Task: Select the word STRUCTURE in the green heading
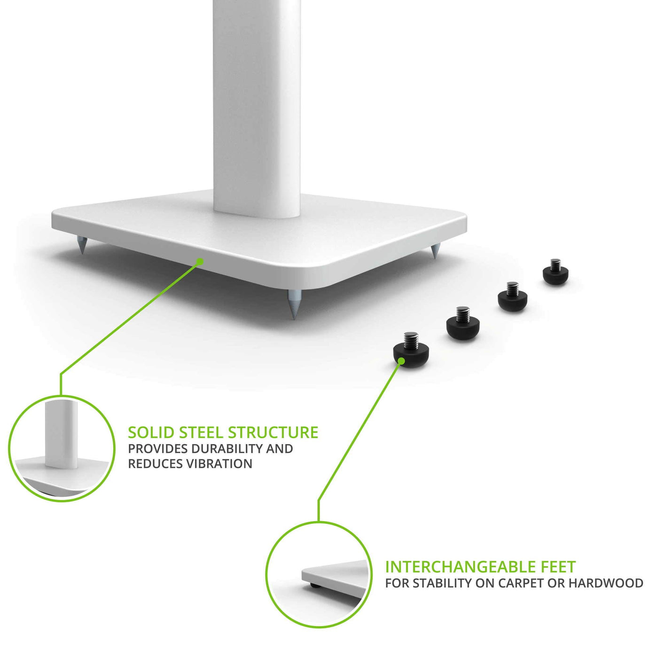pyautogui.click(x=273, y=432)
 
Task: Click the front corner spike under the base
pyautogui.click(x=293, y=305)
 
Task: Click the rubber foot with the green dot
pyautogui.click(x=411, y=350)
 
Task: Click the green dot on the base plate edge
pyautogui.click(x=200, y=262)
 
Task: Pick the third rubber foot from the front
pyautogui.click(x=513, y=298)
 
